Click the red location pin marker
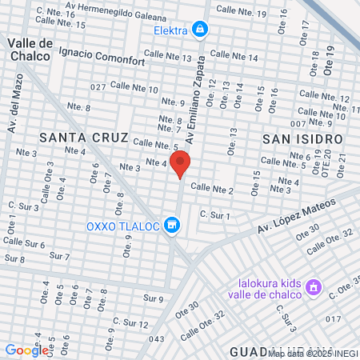pyautogui.click(x=181, y=164)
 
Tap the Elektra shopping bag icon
pyautogui.click(x=200, y=30)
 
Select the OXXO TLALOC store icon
pyautogui.click(x=170, y=226)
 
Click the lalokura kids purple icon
pyautogui.click(x=314, y=286)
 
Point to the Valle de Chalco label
pyautogui.click(x=30, y=49)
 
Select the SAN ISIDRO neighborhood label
pyautogui.click(x=302, y=138)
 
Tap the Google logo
pyautogui.click(x=26, y=350)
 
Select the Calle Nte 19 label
pyautogui.click(x=243, y=13)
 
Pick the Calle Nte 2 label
pyautogui.click(x=211, y=190)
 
